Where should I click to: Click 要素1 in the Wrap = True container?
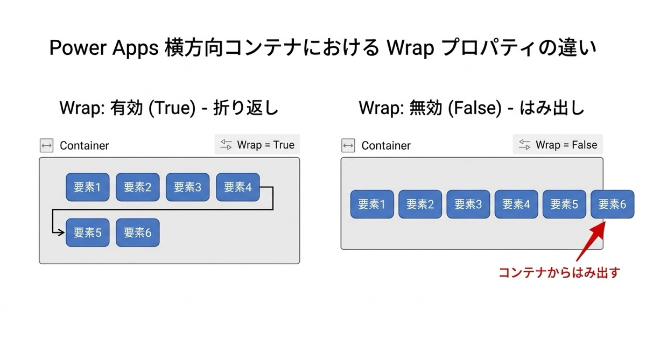[x=87, y=187]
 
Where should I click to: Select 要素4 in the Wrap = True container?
[x=237, y=187]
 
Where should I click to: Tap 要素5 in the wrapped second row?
[x=87, y=232]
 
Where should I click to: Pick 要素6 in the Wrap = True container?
[x=137, y=232]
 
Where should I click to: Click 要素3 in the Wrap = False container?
[x=468, y=204]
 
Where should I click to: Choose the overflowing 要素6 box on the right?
[x=612, y=204]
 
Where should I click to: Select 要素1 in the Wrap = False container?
[x=372, y=204]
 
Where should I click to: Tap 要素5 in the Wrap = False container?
[x=564, y=204]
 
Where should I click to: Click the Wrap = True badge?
[x=257, y=145]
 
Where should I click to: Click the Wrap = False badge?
[x=558, y=145]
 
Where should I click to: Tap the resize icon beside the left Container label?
[x=47, y=146]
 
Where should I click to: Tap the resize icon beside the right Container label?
[x=348, y=146]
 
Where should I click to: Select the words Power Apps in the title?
[x=102, y=48]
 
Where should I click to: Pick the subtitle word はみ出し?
[x=552, y=108]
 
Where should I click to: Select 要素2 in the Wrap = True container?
[x=137, y=187]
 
